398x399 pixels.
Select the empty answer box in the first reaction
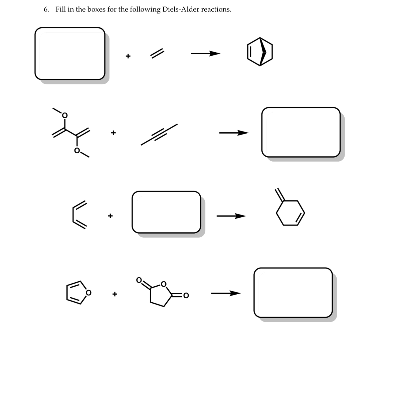70,54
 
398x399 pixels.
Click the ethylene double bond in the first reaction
157,54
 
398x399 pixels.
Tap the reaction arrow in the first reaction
205,54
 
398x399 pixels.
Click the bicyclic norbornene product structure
260,52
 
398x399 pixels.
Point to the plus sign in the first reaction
128,56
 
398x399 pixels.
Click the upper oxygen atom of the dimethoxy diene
65,115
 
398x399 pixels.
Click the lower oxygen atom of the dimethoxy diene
77,151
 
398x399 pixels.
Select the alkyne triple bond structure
159,135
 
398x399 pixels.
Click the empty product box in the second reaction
301,132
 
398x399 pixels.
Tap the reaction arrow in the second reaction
234,133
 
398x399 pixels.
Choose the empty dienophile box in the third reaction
166,212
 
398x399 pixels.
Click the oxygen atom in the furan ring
89,292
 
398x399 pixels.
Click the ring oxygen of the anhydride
164,284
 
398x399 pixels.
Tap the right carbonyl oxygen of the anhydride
186,296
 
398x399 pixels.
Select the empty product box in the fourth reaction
293,292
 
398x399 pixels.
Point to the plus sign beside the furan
115,294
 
